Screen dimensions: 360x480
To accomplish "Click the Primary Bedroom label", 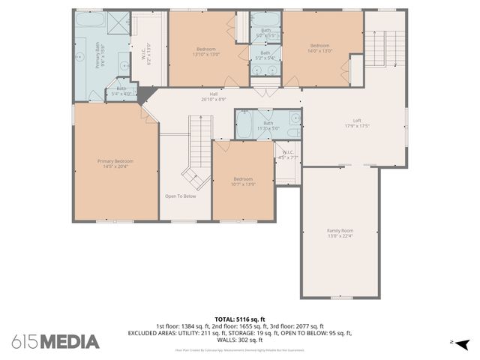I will tap(115, 164).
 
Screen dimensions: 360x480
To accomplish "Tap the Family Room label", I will tap(340, 233).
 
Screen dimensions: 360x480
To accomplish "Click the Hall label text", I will tap(214, 97).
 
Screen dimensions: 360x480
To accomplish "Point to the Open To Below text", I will tap(181, 196).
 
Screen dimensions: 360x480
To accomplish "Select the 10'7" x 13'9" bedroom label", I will tap(242, 181).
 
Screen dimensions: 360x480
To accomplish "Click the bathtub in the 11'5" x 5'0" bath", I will tap(245, 126).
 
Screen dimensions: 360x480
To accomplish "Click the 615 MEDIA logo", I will tap(55, 342).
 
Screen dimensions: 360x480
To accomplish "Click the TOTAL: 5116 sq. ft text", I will tap(240, 319).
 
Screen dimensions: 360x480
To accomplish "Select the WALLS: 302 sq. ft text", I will tap(240, 340).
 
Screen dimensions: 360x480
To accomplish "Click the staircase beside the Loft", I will tap(385, 49).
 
